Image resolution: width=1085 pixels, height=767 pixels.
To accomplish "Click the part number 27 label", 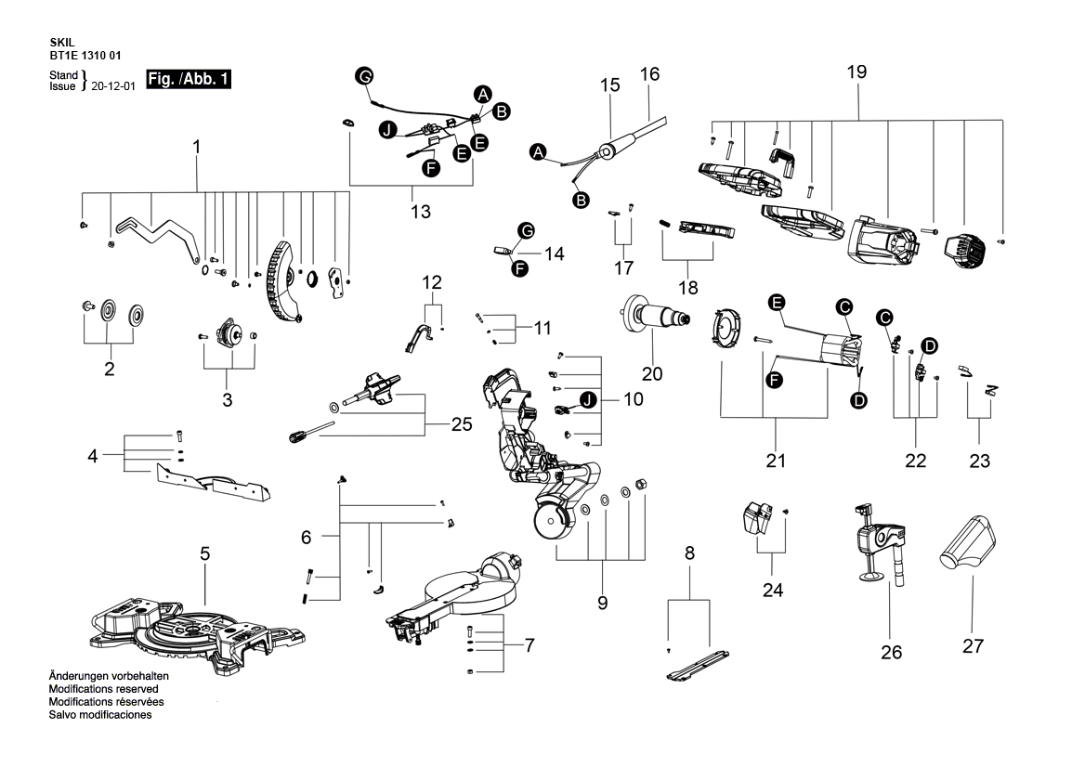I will (x=973, y=646).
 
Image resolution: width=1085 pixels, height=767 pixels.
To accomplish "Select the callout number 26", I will (x=891, y=653).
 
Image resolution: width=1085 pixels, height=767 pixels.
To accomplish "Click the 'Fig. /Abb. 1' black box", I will (x=189, y=80).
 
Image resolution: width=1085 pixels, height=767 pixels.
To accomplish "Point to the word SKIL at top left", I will (x=64, y=43).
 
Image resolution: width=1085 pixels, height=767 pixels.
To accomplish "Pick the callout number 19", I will (x=856, y=72).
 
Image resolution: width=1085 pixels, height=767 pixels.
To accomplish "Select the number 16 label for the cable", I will (x=649, y=72).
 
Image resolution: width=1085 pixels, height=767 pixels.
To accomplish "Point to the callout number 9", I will (x=602, y=603).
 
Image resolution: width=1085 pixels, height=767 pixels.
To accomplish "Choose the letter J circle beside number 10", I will (x=587, y=399).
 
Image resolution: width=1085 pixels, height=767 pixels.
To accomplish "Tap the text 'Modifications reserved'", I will (x=103, y=690).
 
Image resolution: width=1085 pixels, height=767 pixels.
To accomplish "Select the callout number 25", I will (x=461, y=424).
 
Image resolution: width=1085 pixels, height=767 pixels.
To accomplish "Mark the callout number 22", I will (x=915, y=461).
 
